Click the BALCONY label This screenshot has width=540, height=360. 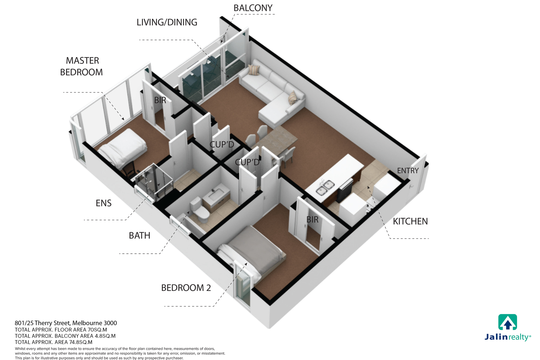point(253,8)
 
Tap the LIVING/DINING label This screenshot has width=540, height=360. point(167,22)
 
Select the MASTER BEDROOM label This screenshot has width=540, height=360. point(82,66)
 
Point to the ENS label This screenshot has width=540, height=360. point(103,203)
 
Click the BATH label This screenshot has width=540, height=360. point(139,235)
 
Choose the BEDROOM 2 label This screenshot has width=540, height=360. point(186,288)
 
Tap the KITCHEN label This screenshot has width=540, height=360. point(410,221)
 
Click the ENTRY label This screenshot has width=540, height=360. point(408,170)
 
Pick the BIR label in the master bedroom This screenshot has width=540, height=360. point(160,100)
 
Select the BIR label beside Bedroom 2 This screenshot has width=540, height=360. point(312,219)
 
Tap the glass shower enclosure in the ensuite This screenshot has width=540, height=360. point(154,181)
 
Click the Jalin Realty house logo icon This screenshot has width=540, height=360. point(508,322)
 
